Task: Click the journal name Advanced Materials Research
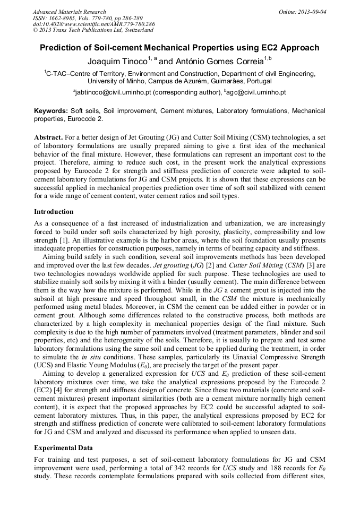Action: (69, 12)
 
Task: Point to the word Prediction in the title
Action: (63, 48)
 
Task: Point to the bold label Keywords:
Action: (51, 111)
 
